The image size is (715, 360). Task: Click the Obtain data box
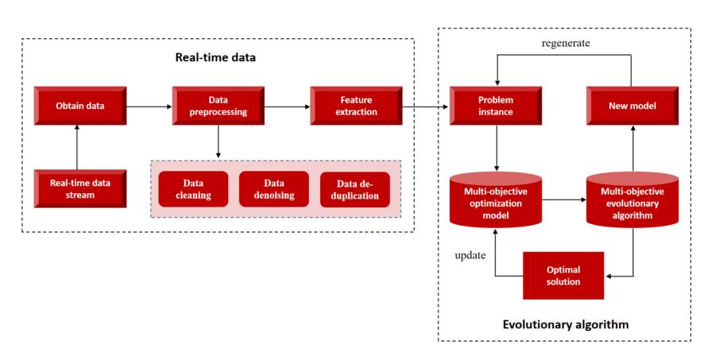[x=79, y=106]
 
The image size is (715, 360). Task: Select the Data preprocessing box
[x=217, y=106]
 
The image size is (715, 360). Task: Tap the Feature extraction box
[x=356, y=106]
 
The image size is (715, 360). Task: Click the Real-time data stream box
[x=79, y=188]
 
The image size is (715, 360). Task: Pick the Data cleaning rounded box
[x=193, y=189]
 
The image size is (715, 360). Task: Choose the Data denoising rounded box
[x=273, y=189]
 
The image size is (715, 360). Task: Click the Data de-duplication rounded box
[x=355, y=189]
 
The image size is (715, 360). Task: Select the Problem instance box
[x=496, y=106]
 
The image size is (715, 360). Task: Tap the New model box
[x=633, y=106]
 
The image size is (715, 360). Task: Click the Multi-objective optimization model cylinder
[x=496, y=198]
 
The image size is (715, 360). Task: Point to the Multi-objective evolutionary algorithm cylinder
[x=633, y=198]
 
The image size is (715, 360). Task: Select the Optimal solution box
[x=563, y=276]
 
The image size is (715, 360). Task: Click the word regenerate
[x=565, y=43]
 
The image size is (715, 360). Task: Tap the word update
[x=470, y=256]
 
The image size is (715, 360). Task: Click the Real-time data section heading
[x=215, y=58]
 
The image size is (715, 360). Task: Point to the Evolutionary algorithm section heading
[x=565, y=324]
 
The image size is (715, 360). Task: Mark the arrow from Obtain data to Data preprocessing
[x=149, y=106]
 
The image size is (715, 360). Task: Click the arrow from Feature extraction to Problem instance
[x=425, y=106]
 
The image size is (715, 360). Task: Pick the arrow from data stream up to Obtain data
[x=79, y=148]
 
